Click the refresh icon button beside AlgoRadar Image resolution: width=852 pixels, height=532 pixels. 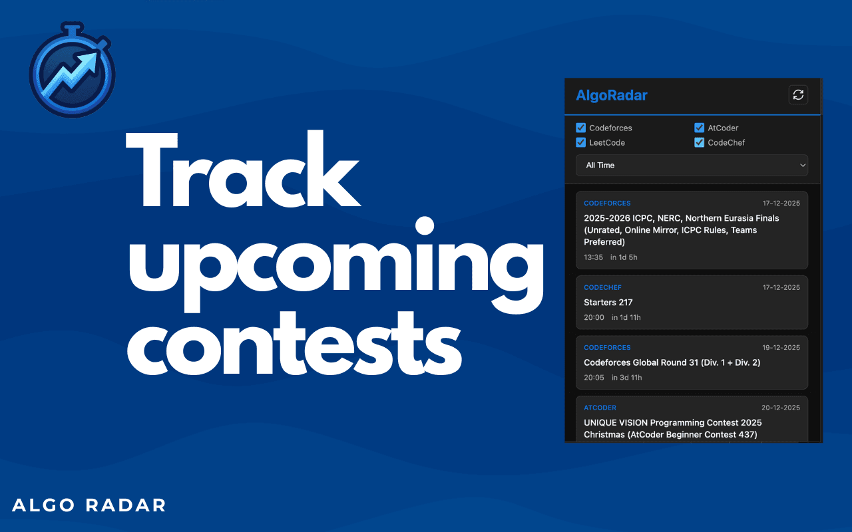798,94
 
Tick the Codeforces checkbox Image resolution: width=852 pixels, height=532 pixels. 580,128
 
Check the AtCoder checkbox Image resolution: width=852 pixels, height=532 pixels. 699,128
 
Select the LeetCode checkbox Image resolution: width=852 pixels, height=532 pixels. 580,142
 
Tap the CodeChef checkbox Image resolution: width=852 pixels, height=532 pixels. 699,142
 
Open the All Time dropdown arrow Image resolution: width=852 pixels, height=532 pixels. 803,166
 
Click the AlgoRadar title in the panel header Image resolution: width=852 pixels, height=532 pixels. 612,95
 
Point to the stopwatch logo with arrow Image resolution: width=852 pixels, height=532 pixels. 73,70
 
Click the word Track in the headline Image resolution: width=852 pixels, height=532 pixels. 243,170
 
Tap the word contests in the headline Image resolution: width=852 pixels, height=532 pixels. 294,344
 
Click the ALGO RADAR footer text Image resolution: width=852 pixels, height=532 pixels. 89,505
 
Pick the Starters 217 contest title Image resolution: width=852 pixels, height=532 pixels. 608,303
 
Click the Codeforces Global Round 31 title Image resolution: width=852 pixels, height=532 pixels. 672,362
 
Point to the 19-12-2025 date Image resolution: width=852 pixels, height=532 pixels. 781,347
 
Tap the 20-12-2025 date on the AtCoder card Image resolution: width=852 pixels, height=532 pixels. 781,408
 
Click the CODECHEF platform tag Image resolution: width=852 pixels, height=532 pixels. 602,287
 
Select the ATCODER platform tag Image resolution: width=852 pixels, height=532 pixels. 600,408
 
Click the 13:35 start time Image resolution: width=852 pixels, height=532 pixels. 593,257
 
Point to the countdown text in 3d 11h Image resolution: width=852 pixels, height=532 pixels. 627,377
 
